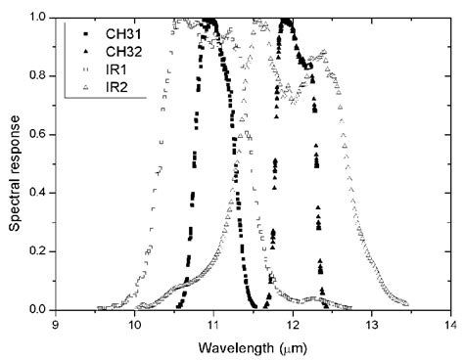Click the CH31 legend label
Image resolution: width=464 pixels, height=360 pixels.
pos(119,32)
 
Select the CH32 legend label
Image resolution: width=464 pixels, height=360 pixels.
pos(119,52)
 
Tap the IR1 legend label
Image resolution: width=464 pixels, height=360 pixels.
pos(115,70)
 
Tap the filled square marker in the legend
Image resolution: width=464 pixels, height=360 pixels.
pos(85,32)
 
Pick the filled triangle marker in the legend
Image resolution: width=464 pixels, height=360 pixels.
pos(85,52)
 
